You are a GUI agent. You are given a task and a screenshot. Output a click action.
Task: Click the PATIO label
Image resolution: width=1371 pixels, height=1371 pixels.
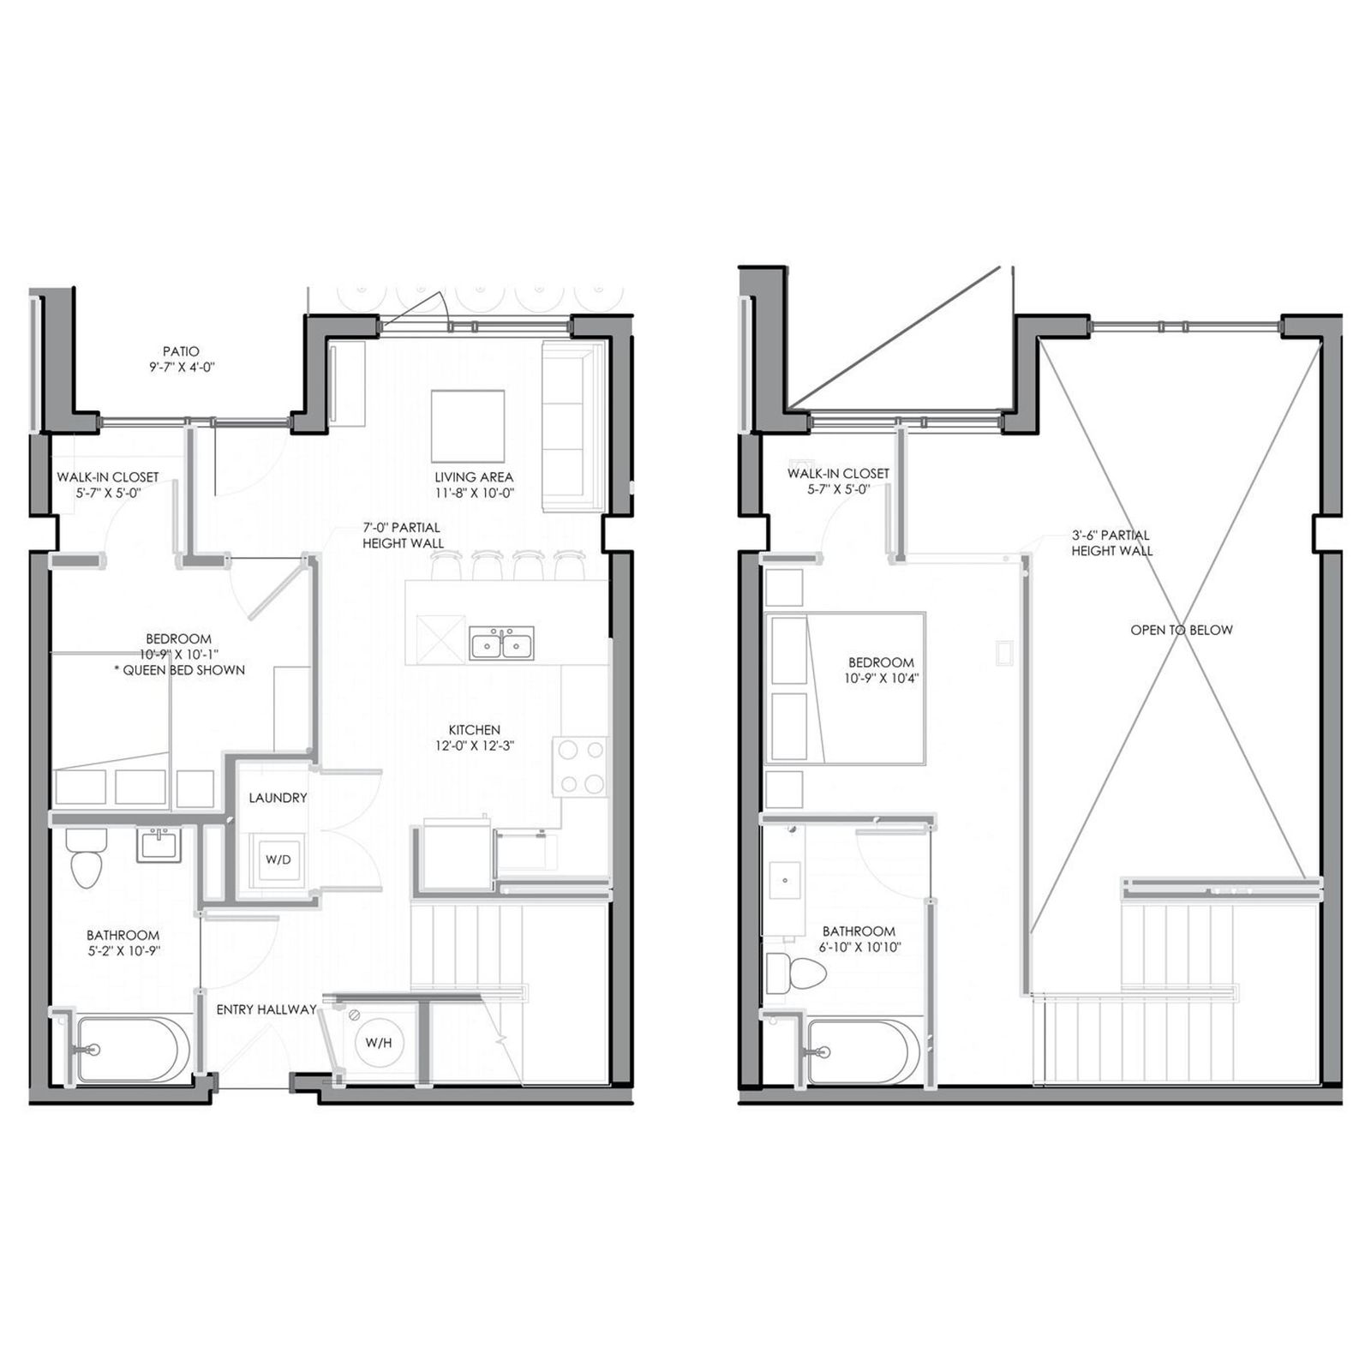(x=181, y=351)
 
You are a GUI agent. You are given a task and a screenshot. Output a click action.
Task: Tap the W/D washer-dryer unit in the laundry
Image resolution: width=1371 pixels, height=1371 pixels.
(x=278, y=859)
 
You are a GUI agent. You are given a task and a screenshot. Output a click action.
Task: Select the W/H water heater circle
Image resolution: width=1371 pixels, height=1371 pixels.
(x=379, y=1042)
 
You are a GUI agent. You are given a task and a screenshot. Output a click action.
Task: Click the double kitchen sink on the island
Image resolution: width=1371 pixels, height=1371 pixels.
(x=501, y=644)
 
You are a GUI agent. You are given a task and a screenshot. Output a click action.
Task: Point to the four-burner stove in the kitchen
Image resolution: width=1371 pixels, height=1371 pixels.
(x=580, y=767)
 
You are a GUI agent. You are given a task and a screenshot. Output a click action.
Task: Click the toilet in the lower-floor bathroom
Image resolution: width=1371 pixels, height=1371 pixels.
(x=86, y=857)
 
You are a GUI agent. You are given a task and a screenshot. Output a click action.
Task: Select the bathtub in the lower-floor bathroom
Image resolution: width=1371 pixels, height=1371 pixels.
(x=133, y=1049)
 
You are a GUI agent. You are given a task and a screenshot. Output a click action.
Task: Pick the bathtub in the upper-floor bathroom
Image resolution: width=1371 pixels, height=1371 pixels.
(x=864, y=1051)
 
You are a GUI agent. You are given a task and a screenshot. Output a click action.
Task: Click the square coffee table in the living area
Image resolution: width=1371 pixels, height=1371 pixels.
(x=467, y=426)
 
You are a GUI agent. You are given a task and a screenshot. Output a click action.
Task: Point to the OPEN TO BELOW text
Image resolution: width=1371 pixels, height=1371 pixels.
(x=1182, y=630)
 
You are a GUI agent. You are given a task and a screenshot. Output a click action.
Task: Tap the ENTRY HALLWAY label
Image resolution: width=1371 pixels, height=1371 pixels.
(x=266, y=1009)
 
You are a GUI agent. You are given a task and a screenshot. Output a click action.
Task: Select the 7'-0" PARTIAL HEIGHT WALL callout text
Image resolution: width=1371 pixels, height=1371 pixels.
(x=403, y=536)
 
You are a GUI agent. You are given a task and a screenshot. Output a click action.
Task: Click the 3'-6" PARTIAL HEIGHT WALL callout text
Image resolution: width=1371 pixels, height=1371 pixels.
(x=1111, y=542)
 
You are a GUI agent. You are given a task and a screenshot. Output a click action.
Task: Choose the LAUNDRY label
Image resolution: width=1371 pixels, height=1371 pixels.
(x=278, y=798)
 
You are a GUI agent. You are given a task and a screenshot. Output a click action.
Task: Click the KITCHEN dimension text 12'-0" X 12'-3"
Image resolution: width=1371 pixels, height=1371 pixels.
(x=474, y=745)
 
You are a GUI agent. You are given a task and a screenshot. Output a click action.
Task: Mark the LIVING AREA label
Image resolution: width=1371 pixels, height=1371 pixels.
(x=474, y=477)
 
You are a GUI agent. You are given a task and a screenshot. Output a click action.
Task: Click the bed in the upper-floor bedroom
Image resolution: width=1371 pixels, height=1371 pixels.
(x=845, y=687)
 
